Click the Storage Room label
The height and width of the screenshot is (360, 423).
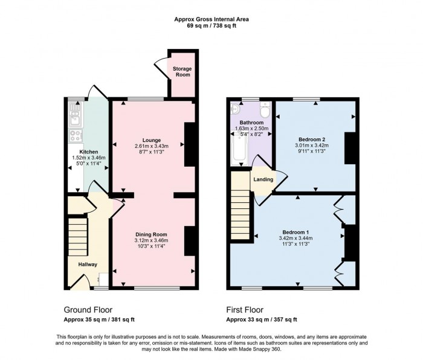182,71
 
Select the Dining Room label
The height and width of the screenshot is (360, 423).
151,234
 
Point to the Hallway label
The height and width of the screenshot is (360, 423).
88,263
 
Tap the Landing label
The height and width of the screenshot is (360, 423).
263,179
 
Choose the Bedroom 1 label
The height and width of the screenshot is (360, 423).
296,232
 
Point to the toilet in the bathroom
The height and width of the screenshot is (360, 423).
264,110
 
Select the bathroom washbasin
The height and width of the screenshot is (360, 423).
236,109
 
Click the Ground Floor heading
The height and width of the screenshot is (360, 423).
88,309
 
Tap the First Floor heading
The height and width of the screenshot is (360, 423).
247,309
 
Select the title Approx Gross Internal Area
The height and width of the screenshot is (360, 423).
211,19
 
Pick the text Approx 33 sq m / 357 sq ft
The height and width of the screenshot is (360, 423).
261,320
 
